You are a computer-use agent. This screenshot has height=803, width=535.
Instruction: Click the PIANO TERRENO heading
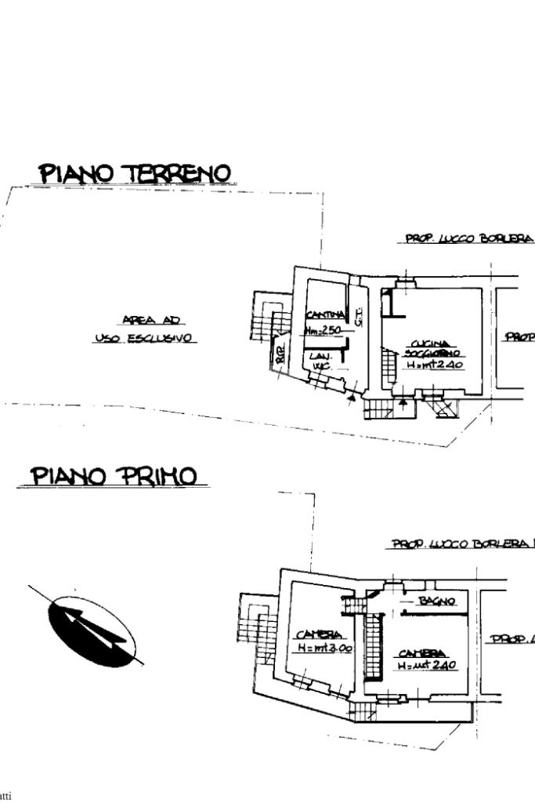[x=136, y=173]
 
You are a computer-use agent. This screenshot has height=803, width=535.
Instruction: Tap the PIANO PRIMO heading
[x=114, y=476]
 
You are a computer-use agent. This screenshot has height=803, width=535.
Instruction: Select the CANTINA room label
[x=324, y=315]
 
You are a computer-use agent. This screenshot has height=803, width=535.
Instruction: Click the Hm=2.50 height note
[x=323, y=331]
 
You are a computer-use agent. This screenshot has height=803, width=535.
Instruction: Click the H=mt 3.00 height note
[x=325, y=649]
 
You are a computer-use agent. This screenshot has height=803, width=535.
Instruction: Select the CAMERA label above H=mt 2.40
[x=422, y=653]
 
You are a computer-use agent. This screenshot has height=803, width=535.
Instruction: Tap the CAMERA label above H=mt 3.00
[x=316, y=634]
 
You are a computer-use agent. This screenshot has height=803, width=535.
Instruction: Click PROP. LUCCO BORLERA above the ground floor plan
[x=468, y=238]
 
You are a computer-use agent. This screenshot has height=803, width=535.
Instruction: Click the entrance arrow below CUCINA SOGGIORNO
[x=403, y=401]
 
